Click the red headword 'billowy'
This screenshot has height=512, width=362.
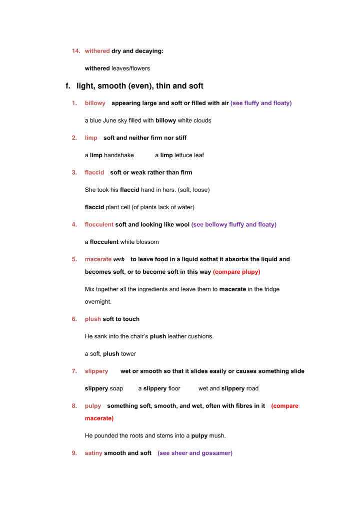pyautogui.click(x=95, y=103)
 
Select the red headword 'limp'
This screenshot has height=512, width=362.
pyautogui.click(x=91, y=138)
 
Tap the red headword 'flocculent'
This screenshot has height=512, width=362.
pyautogui.click(x=99, y=225)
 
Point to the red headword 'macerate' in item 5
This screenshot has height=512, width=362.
pyautogui.click(x=98, y=259)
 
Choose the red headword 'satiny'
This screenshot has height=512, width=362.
pyautogui.click(x=93, y=453)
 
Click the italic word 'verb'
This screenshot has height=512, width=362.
pyautogui.click(x=119, y=260)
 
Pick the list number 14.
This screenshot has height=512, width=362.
pyautogui.click(x=76, y=51)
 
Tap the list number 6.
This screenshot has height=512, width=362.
pyautogui.click(x=74, y=319)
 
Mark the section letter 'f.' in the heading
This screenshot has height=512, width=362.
pyautogui.click(x=69, y=86)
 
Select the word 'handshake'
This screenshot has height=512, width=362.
pyautogui.click(x=119, y=155)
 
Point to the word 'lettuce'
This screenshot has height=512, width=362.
pyautogui.click(x=184, y=155)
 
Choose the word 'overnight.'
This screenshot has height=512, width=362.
pyautogui.click(x=98, y=302)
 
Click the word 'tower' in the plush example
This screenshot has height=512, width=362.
pyautogui.click(x=128, y=354)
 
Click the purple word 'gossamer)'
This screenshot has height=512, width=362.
pyautogui.click(x=218, y=453)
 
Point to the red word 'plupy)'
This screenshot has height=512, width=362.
pyautogui.click(x=249, y=272)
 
